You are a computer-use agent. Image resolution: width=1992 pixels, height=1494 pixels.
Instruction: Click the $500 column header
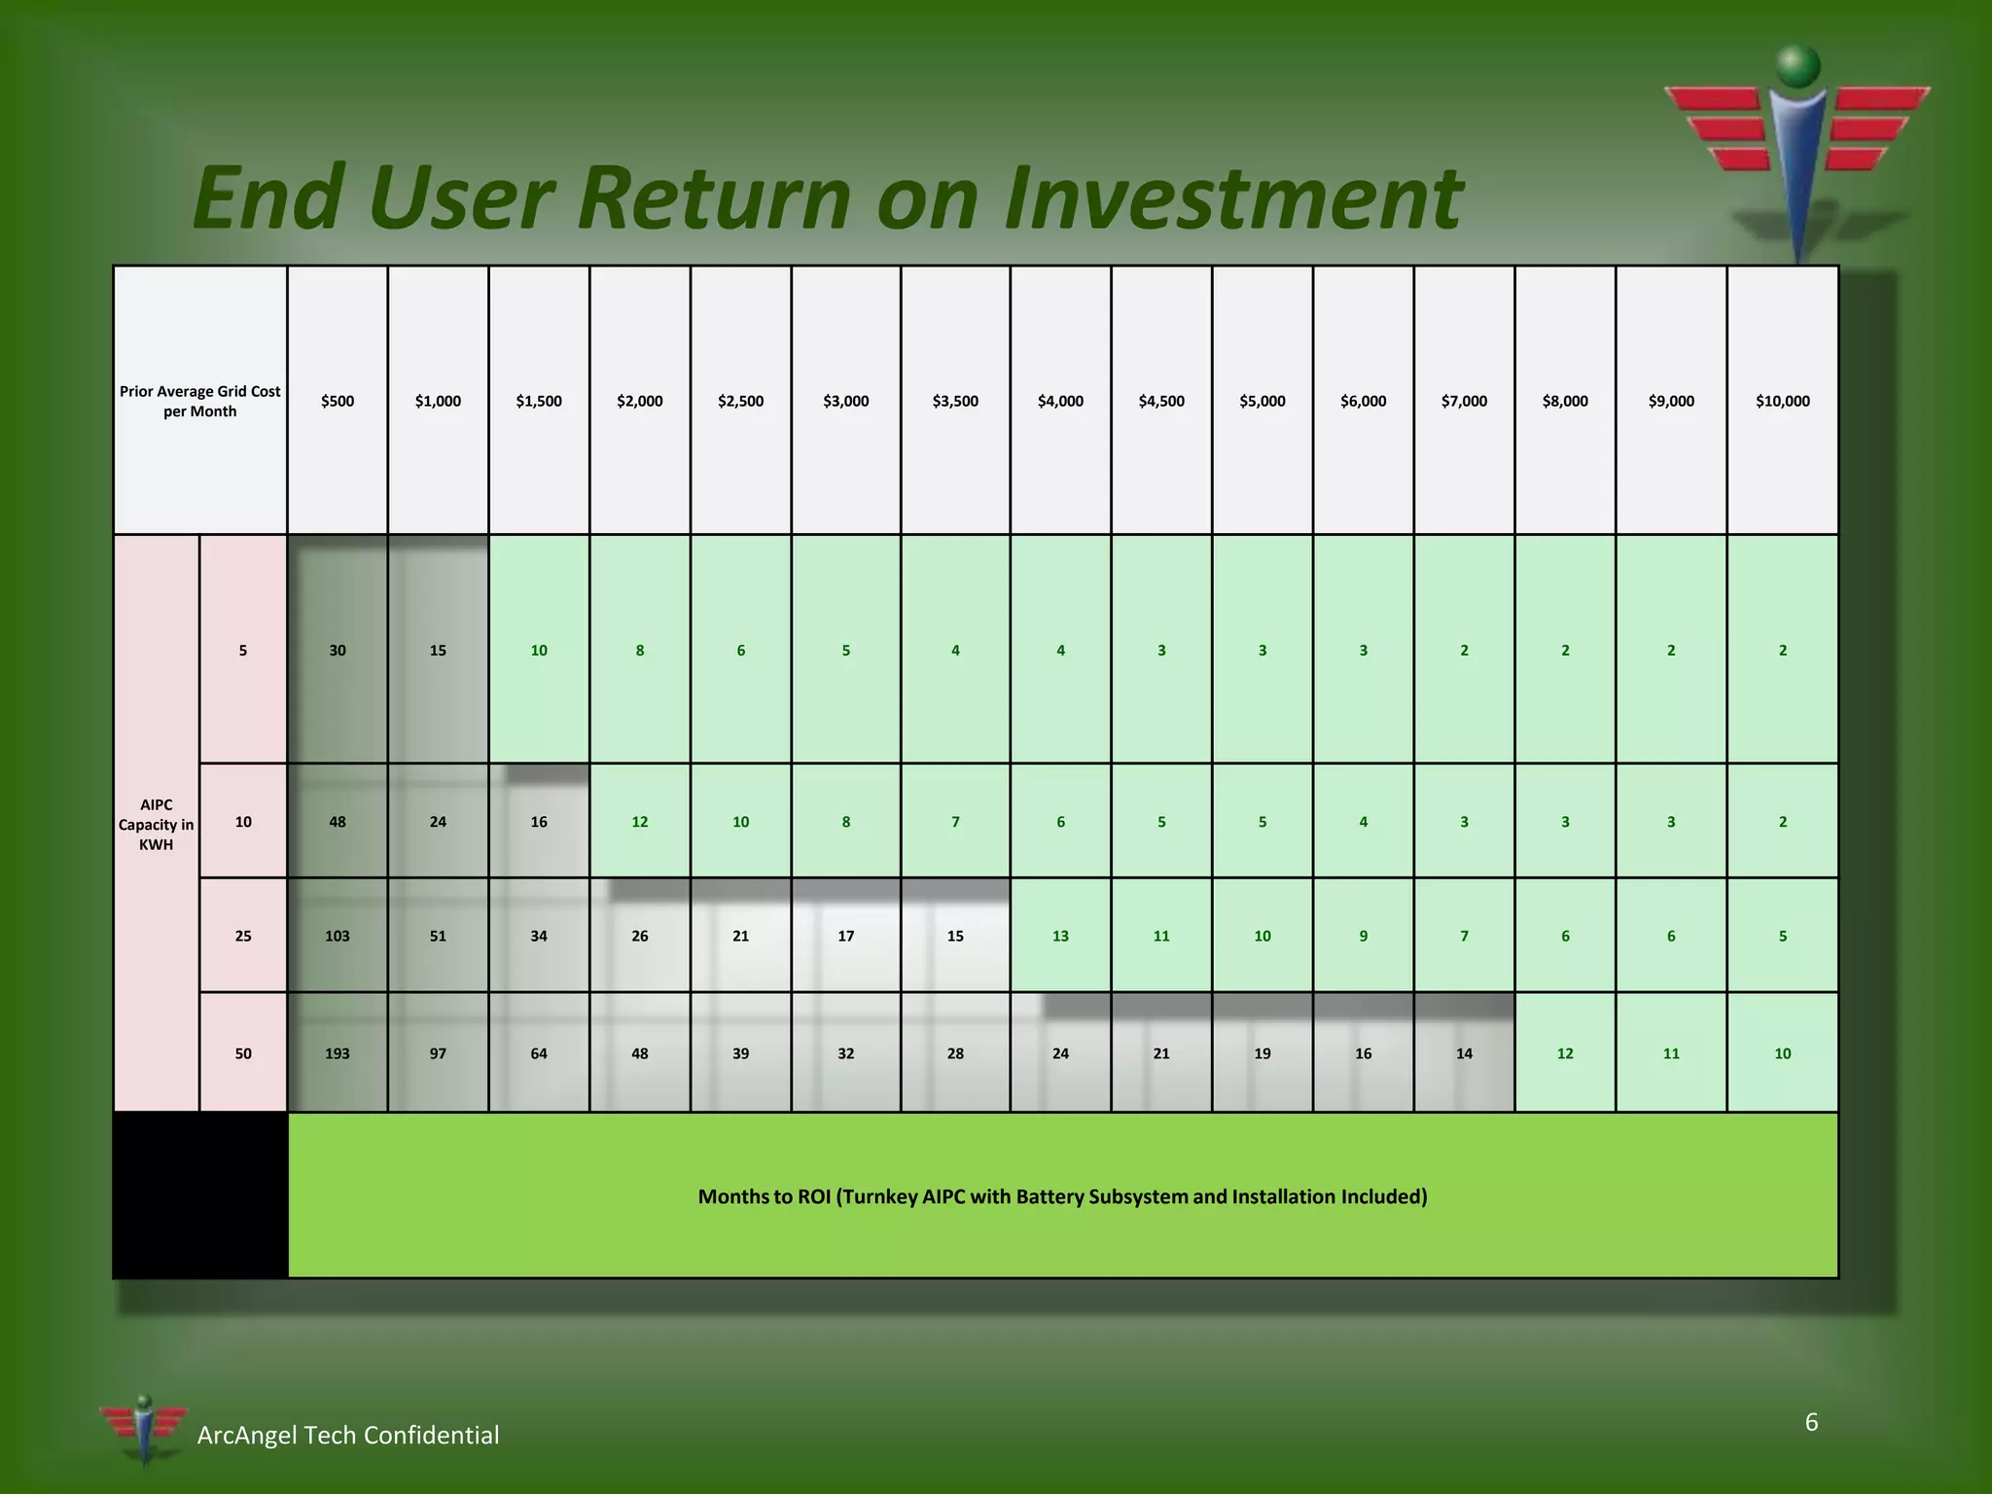(338, 401)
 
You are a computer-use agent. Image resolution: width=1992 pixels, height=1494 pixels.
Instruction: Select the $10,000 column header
(1782, 401)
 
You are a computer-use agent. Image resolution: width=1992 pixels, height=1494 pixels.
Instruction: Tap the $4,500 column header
(1161, 401)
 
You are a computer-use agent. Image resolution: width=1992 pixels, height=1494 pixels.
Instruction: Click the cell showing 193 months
(338, 1053)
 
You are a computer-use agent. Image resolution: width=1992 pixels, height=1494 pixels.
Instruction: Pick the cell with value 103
(338, 936)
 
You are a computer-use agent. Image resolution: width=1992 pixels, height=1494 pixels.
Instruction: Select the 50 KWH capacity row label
(243, 1053)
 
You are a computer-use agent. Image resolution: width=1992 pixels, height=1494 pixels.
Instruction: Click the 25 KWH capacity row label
(243, 936)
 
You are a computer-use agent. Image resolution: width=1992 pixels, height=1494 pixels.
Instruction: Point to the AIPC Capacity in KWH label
(156, 824)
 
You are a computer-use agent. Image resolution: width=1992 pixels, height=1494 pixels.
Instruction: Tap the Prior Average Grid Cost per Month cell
(199, 401)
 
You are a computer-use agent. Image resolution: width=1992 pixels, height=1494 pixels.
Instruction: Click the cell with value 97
(438, 1053)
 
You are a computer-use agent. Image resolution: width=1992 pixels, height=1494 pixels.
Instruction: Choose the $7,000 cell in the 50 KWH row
(1464, 1053)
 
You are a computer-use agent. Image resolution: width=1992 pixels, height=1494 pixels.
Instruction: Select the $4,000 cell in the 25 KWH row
(1060, 936)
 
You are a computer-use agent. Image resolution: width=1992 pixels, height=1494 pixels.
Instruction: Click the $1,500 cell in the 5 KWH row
(539, 650)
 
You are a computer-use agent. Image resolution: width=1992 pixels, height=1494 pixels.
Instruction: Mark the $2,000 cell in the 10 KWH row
(639, 822)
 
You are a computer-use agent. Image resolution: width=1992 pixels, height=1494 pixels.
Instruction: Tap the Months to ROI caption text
(1062, 1196)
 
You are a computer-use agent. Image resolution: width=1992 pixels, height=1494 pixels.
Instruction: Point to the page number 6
(1811, 1422)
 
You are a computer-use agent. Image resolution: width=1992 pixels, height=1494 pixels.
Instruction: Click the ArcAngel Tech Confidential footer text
(347, 1435)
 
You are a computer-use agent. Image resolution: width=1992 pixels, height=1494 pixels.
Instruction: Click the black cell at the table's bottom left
(200, 1195)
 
